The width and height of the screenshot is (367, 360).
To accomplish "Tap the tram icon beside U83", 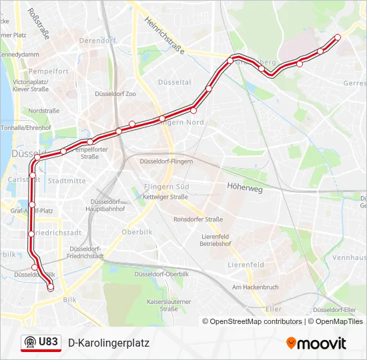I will [x=30, y=342].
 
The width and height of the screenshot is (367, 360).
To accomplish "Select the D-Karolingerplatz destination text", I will [x=109, y=343].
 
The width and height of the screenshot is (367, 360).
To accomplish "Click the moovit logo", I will [x=316, y=343].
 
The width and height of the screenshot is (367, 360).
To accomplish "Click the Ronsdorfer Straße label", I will [x=198, y=219].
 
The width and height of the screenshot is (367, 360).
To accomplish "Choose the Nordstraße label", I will [x=45, y=111].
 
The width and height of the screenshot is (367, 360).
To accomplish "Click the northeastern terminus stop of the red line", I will [x=338, y=37].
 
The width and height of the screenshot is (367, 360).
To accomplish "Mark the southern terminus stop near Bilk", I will [x=50, y=287].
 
